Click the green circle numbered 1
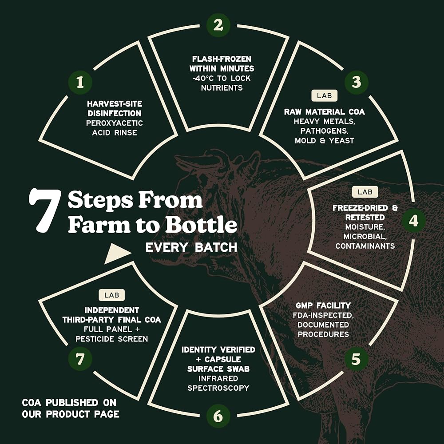pos(80,83)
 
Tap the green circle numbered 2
pos(218,25)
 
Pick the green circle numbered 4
pos(413,221)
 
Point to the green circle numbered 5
pos(356,359)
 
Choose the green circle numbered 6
pos(218,416)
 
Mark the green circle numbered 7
pos(80,359)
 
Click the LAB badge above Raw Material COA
pos(325,96)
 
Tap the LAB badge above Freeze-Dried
pos(365,192)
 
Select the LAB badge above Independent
pos(111,295)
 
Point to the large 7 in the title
pos(45,210)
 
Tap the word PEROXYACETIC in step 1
pos(115,123)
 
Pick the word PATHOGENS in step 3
pos(324,131)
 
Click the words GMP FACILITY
pos(323,305)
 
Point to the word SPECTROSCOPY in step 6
pos(218,388)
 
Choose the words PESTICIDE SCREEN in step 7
pos(111,339)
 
